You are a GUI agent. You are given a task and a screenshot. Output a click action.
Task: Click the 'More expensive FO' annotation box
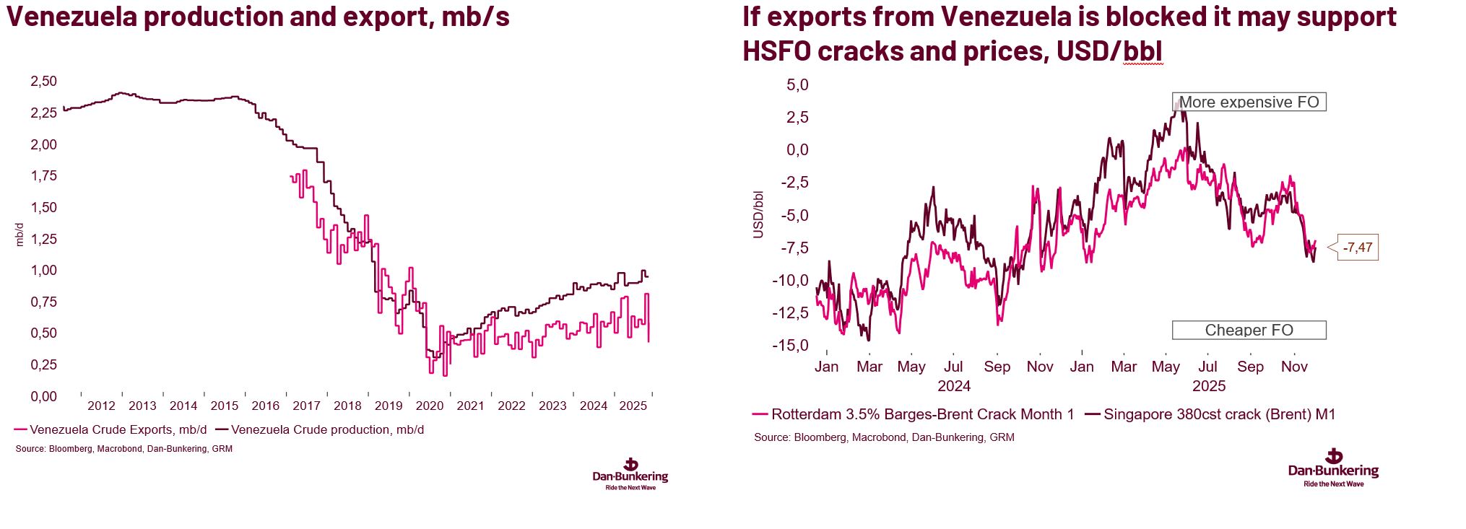[x=1249, y=102]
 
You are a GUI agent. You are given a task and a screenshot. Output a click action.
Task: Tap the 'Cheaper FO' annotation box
[x=1249, y=330]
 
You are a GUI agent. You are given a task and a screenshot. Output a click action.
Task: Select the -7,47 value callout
[x=1358, y=248]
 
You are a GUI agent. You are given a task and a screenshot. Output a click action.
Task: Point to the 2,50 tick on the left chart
[x=43, y=82]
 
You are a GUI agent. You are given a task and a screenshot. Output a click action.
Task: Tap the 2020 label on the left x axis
[x=429, y=406]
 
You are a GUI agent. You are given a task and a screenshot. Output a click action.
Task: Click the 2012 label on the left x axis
[x=101, y=406]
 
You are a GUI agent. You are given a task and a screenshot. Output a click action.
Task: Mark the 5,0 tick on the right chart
[x=797, y=85]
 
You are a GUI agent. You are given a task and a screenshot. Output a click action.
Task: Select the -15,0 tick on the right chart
[x=790, y=346]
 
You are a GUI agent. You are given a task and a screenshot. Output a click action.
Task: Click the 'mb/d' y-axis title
[x=19, y=235]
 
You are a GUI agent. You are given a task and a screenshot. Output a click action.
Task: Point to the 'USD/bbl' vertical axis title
[x=758, y=214]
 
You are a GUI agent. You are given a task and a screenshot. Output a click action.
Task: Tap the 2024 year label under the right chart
[x=953, y=386]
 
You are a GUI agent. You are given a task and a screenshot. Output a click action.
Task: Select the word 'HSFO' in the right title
[x=776, y=51]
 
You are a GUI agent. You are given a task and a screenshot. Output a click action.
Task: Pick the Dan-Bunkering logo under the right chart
[x=1333, y=468]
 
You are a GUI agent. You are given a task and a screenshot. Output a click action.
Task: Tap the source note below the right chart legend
[x=883, y=437]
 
